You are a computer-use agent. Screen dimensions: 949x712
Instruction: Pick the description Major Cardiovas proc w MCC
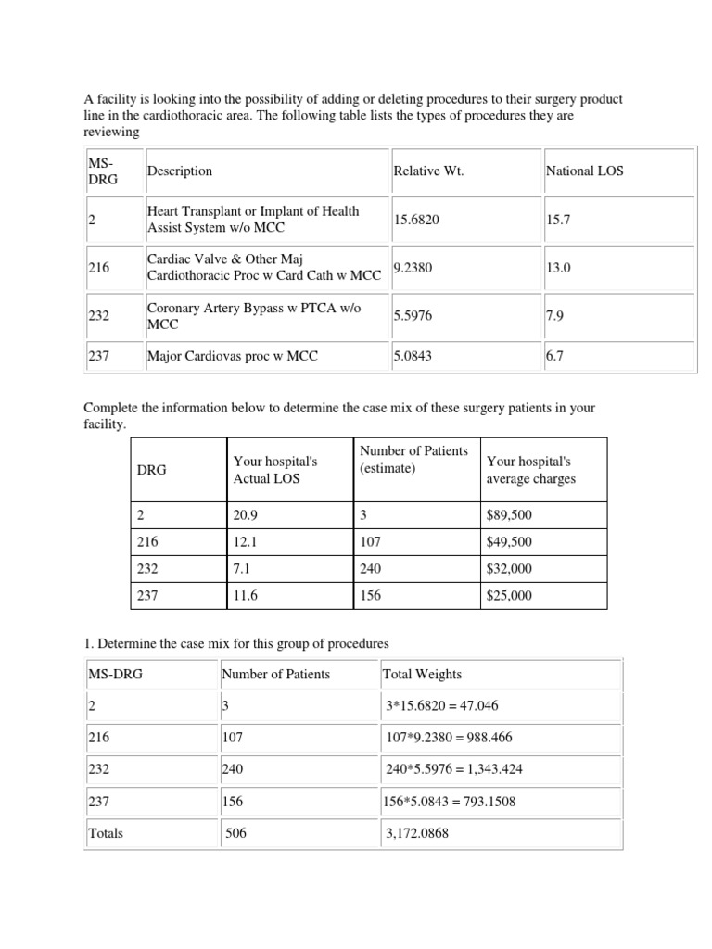click(232, 356)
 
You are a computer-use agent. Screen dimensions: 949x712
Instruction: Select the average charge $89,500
click(509, 515)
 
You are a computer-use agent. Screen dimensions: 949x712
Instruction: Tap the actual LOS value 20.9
click(246, 515)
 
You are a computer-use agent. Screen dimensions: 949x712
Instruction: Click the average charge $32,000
click(509, 569)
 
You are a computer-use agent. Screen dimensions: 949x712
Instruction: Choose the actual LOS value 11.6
click(245, 596)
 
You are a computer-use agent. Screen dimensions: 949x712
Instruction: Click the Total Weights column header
click(422, 675)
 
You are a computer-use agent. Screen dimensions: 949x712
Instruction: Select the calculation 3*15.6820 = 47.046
click(442, 706)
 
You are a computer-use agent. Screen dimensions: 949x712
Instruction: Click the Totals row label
click(106, 833)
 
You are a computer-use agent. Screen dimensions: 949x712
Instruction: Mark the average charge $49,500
click(509, 542)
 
